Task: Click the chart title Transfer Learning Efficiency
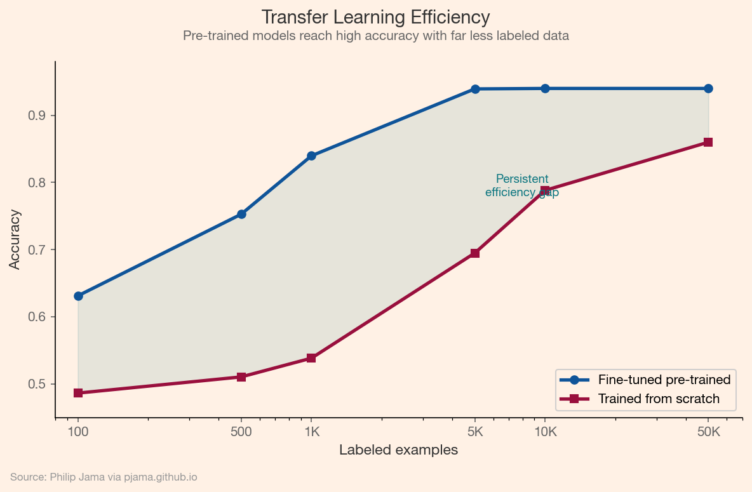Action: [x=375, y=17]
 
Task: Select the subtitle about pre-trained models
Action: [x=375, y=36]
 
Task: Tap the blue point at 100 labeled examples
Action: [x=78, y=296]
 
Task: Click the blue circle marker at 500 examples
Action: [x=241, y=214]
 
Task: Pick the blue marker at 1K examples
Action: [x=311, y=156]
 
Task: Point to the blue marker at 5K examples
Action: [x=474, y=89]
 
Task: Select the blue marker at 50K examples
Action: [x=708, y=88]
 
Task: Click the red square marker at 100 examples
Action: [x=78, y=393]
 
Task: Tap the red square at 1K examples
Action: [x=311, y=358]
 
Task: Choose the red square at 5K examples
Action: [x=474, y=253]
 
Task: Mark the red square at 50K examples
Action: [x=708, y=142]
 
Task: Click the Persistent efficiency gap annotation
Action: [x=522, y=185]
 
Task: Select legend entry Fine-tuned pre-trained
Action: [x=664, y=380]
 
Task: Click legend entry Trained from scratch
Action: [x=659, y=399]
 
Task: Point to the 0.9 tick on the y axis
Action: [x=36, y=116]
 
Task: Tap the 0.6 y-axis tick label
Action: [x=36, y=317]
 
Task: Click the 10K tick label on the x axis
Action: [x=545, y=432]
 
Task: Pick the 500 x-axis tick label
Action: [x=241, y=432]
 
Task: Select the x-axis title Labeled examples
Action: [x=398, y=451]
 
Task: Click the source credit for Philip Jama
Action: [x=104, y=477]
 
